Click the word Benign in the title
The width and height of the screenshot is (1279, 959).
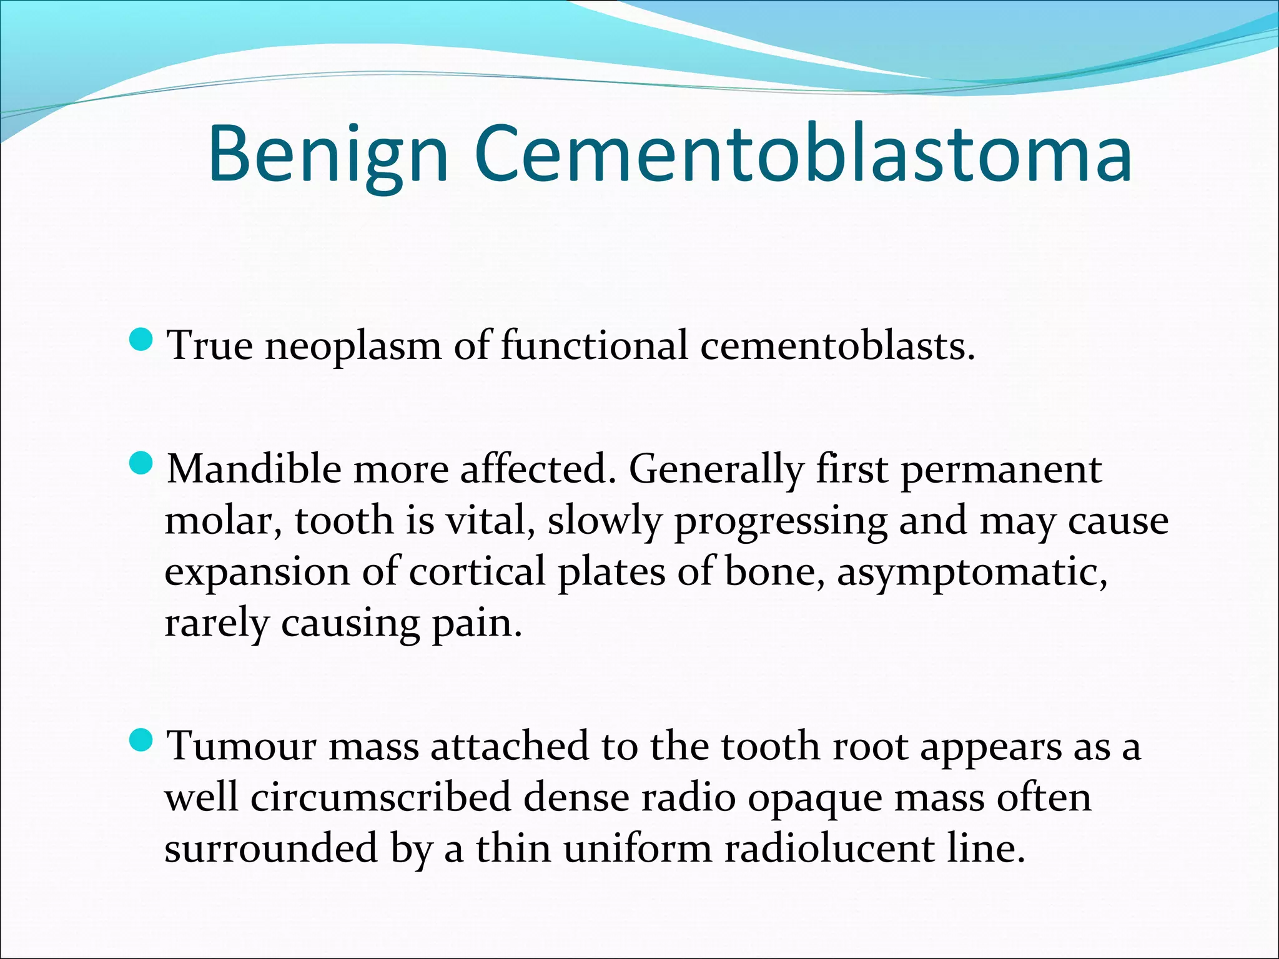click(328, 155)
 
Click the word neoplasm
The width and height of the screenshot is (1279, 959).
click(353, 345)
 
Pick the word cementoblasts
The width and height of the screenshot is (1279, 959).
click(837, 345)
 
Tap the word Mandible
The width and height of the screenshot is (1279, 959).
click(254, 469)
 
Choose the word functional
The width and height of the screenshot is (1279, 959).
click(594, 345)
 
